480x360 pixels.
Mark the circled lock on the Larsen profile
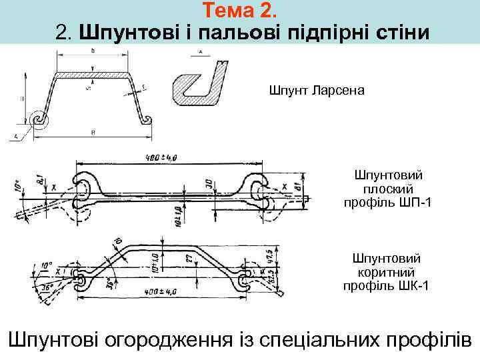click(38, 119)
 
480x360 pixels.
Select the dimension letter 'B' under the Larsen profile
click(92, 132)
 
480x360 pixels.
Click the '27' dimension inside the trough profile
click(189, 258)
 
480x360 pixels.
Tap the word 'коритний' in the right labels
click(387, 272)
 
